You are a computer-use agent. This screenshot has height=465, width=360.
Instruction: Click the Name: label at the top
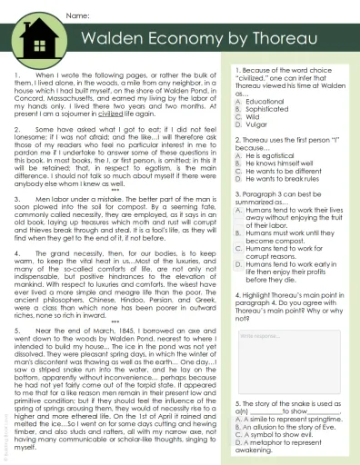pos(78,16)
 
